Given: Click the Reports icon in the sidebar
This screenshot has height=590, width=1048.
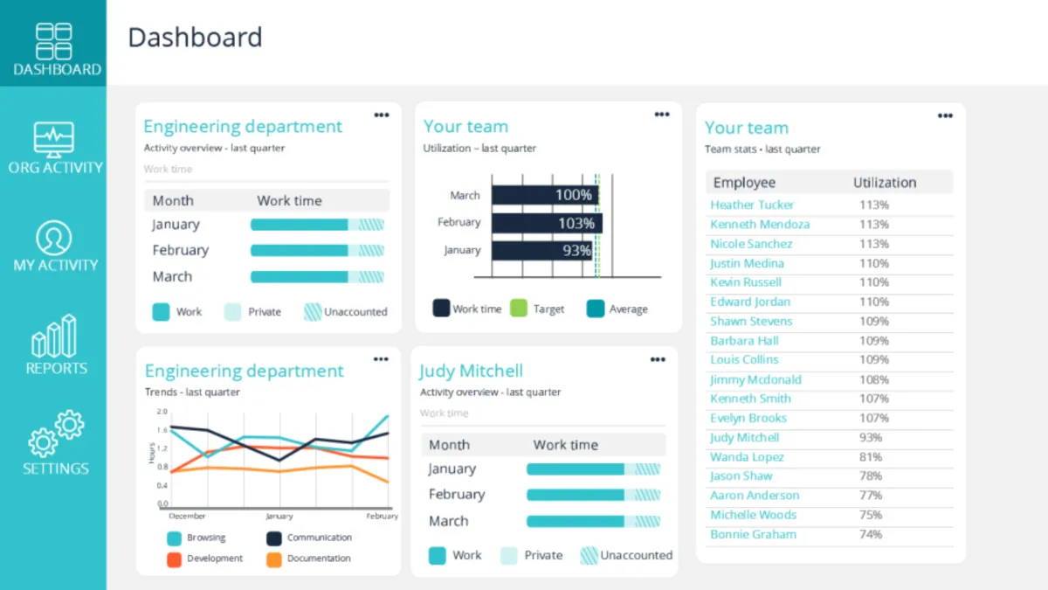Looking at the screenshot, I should [55, 337].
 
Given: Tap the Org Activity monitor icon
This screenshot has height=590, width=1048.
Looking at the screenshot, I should [54, 140].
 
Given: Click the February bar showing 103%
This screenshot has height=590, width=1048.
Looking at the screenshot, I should [547, 223].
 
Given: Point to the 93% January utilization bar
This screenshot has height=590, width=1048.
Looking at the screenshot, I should [542, 251].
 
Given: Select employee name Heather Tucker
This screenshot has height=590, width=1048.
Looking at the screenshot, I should [752, 205].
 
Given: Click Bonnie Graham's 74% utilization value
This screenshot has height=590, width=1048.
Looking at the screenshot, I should [870, 534].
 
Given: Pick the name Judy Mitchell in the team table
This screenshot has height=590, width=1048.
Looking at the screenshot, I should [744, 437].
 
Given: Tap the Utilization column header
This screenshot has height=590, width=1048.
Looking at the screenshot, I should [884, 183].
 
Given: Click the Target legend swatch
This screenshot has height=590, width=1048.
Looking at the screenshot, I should [519, 309].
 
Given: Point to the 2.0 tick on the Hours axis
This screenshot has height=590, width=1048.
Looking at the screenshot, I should [162, 411].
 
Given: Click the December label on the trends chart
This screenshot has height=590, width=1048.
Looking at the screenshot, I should [186, 517].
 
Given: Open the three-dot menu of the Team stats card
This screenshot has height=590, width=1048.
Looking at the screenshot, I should [945, 116].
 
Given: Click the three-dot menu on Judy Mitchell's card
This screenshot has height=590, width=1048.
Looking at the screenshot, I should [658, 359].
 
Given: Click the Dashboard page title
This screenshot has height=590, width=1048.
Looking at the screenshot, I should [195, 38].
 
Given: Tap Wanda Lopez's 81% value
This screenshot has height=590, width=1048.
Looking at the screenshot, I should [870, 457].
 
